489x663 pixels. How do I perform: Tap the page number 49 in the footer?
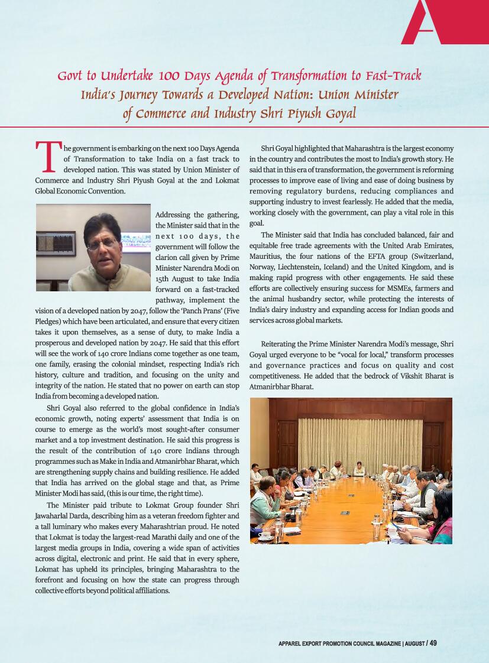click(x=433, y=643)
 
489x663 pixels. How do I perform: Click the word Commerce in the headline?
click(x=169, y=113)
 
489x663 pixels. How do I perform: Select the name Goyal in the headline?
click(x=338, y=113)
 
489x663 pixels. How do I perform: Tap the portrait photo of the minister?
click(x=93, y=248)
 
